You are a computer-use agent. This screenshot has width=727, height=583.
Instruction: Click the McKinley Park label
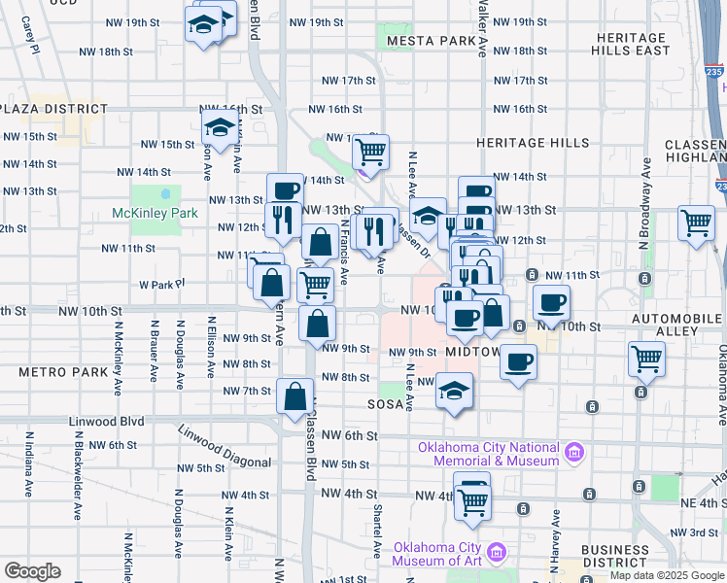156,213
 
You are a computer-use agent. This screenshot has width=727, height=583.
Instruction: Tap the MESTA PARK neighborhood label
430,42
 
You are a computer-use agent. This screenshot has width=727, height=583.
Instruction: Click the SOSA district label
384,403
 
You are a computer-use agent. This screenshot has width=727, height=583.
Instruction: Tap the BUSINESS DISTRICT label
615,556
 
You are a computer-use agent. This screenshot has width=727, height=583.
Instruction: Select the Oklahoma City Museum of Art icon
499,553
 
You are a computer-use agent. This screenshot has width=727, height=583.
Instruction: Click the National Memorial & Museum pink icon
573,452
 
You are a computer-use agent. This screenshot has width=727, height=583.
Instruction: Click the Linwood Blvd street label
107,422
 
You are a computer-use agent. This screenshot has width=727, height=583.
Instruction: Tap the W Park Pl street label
161,285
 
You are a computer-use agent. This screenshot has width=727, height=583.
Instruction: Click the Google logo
33,570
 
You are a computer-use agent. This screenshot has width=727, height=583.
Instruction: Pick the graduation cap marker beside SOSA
454,391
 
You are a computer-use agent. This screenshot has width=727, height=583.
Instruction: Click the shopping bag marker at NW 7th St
294,395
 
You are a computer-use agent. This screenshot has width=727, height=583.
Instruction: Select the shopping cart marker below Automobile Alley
646,360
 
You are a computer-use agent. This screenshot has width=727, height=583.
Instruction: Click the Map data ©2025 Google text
666,574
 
